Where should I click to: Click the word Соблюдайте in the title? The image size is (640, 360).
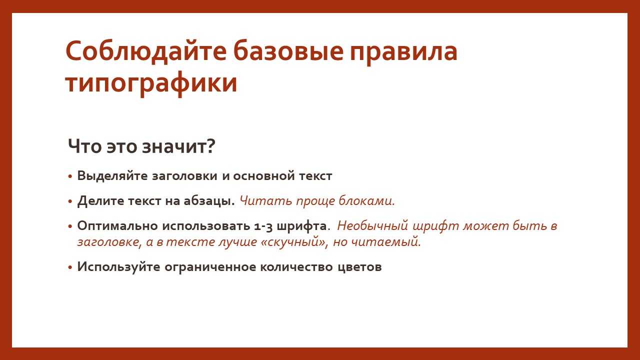pos(146,51)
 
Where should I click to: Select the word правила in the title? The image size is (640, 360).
pos(403,53)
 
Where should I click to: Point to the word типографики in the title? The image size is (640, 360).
pos(151,84)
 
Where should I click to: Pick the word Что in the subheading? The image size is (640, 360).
pos(85,146)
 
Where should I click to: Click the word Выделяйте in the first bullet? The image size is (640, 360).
pos(112,175)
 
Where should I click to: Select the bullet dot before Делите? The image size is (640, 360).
pos(70,201)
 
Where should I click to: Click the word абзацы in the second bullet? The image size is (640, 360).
pos(209,201)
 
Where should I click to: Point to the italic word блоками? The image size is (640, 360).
pos(366,200)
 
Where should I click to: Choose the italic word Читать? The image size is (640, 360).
pos(265,200)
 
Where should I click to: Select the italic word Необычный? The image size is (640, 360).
pos(372,225)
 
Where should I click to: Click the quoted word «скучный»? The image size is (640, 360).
pos(293,242)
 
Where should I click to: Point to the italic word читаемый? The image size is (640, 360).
pos(385,242)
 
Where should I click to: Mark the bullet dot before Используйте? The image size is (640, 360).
pos(70,267)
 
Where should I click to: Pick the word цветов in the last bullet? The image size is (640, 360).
pos(359,267)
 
